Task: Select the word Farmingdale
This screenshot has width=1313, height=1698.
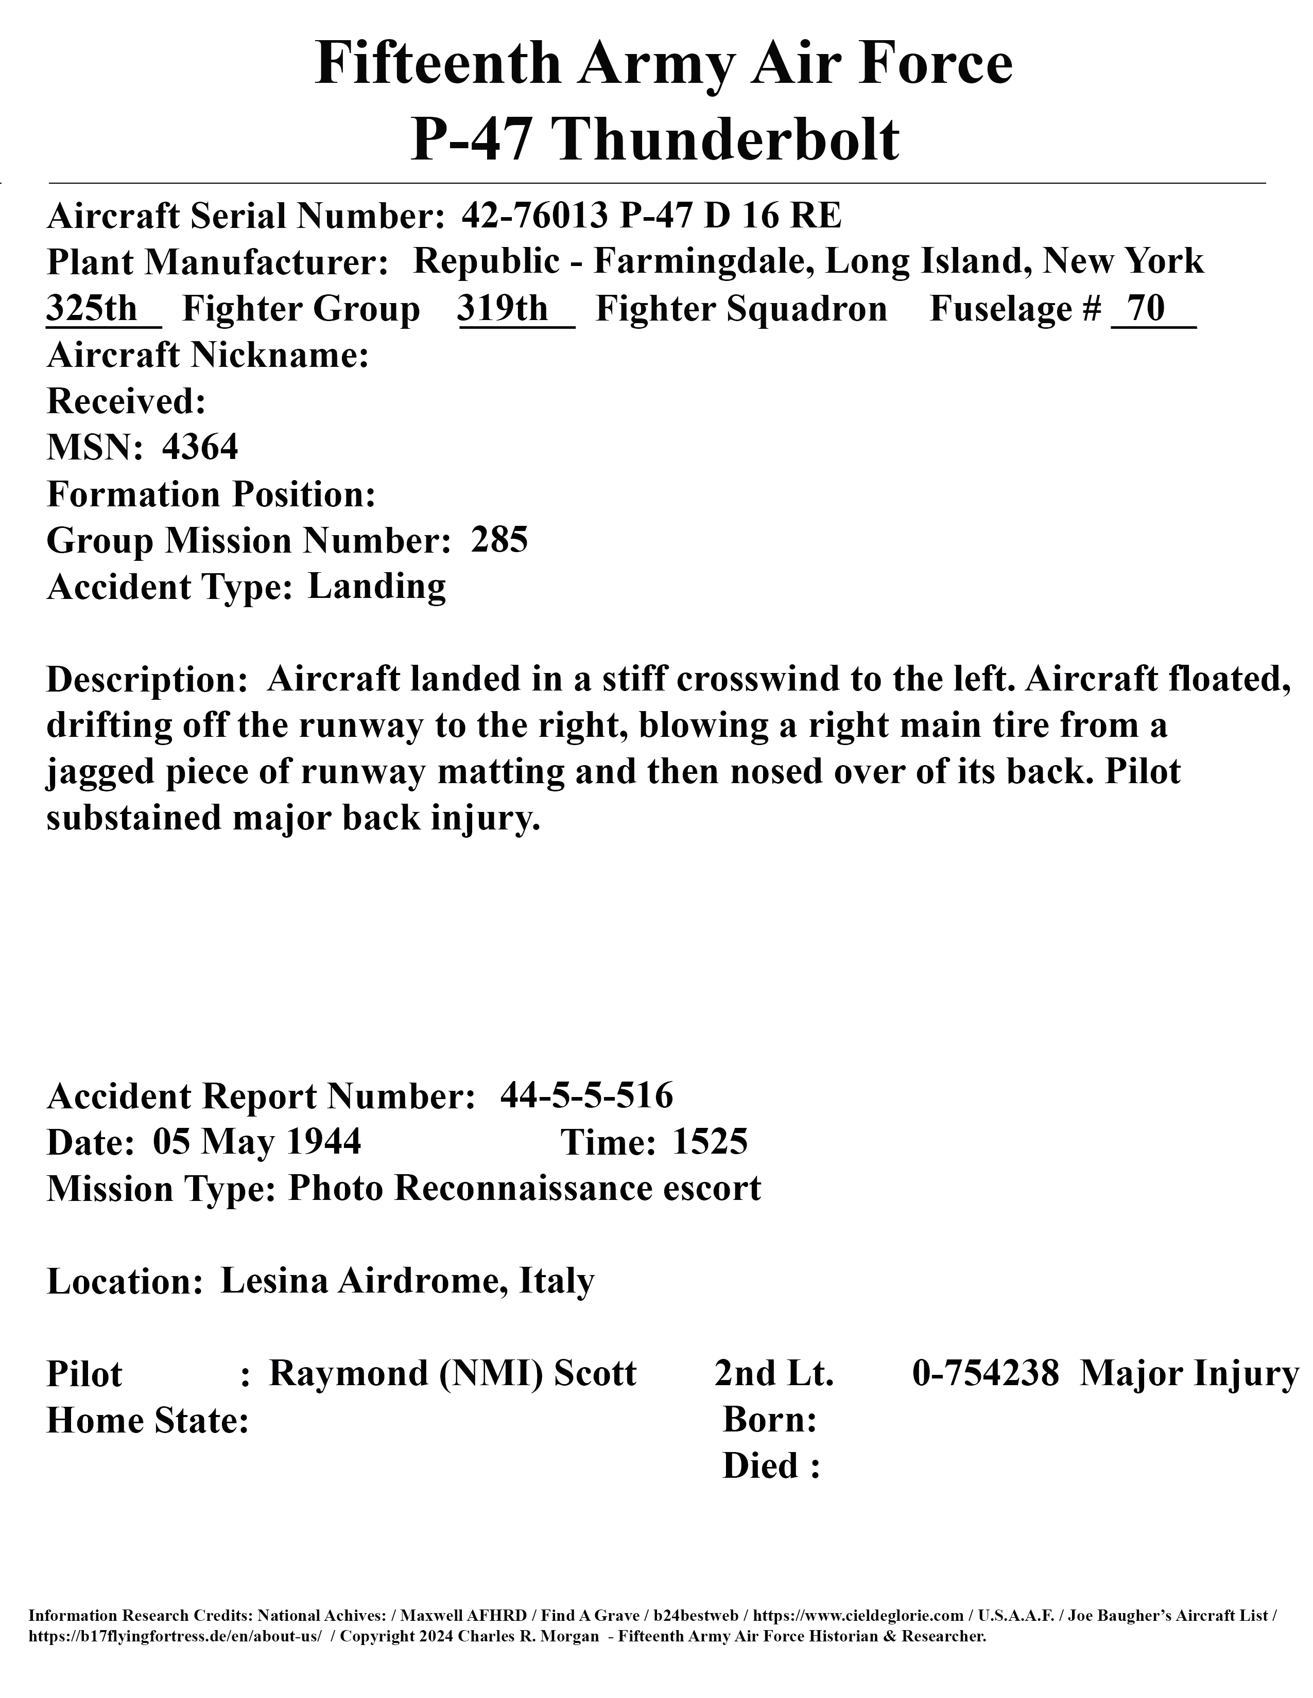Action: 704,261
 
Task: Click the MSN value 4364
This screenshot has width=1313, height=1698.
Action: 200,447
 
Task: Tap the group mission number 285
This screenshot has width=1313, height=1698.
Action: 499,540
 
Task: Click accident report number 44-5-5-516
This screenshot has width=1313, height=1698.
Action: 586,1096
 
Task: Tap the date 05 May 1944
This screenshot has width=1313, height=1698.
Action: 257,1142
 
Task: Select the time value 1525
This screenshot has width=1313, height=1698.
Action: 710,1142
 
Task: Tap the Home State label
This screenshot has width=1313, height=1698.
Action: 148,1421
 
